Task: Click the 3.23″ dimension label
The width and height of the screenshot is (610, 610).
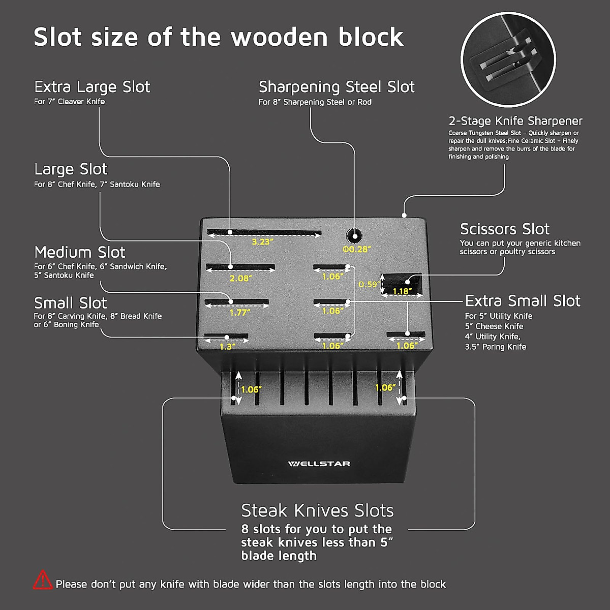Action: point(263,242)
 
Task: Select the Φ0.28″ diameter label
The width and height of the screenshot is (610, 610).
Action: point(356,249)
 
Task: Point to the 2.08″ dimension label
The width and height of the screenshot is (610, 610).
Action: point(240,278)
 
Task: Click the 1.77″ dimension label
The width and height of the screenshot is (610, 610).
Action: point(239,313)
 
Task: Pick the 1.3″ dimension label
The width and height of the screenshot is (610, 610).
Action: point(227,347)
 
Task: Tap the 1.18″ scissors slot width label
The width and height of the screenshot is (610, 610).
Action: point(402,292)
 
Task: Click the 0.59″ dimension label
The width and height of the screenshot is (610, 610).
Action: point(368,284)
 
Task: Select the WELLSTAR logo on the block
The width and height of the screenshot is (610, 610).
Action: point(319,464)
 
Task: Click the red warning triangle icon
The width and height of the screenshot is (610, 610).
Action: point(43,580)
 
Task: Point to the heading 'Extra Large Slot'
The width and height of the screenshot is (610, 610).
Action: point(92,87)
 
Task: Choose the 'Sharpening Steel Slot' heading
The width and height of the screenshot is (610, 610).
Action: point(337,87)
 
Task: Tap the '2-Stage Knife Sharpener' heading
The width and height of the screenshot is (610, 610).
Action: point(515,121)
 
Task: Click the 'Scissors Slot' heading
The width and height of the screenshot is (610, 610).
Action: point(505,229)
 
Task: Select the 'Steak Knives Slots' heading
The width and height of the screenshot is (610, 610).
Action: point(317,510)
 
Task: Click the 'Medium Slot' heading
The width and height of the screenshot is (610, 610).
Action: point(79,252)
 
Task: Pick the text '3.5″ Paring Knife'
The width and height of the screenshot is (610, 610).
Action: point(495,347)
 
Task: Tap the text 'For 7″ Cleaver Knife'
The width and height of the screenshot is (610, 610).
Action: point(69,102)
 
